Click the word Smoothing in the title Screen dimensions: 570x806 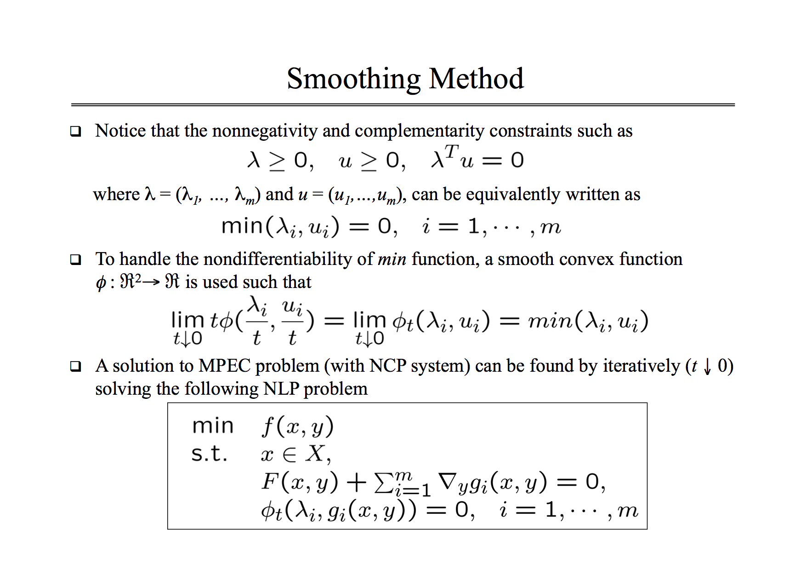click(x=353, y=79)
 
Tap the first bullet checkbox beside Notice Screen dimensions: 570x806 click(x=75, y=132)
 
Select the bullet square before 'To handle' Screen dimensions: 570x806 click(x=75, y=260)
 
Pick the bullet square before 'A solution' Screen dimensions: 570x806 click(x=75, y=367)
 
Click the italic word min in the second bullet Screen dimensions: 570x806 click(x=392, y=260)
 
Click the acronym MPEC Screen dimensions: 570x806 click(x=224, y=366)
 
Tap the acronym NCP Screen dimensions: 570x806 click(x=388, y=366)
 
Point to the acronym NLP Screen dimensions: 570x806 click(x=281, y=389)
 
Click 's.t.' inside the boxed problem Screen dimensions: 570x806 click(x=210, y=454)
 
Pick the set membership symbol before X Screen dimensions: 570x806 click(x=289, y=455)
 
